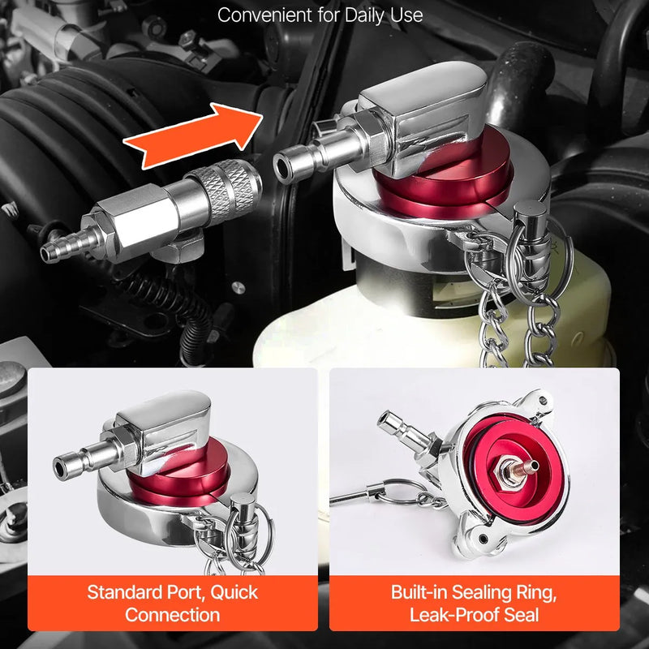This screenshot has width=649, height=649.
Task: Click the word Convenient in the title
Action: pyautogui.click(x=265, y=15)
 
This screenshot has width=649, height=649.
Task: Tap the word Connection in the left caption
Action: pyautogui.click(x=172, y=615)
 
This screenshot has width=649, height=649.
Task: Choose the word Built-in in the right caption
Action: pyautogui.click(x=419, y=592)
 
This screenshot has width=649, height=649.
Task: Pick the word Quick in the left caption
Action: pyautogui.click(x=234, y=592)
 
